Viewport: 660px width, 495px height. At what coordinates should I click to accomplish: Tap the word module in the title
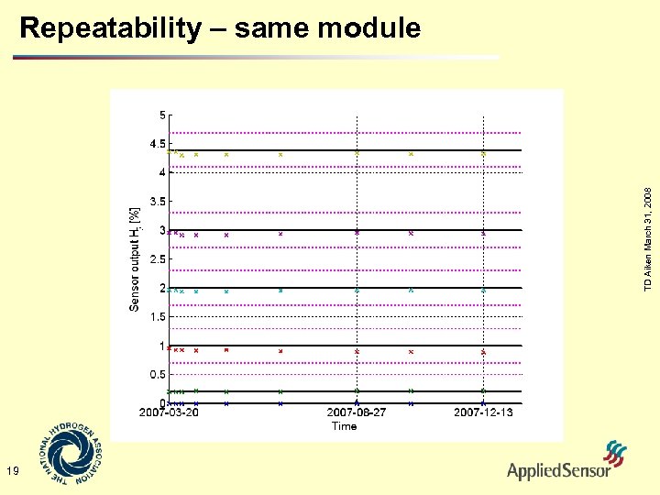point(369,28)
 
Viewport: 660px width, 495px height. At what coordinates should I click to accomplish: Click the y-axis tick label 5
point(162,115)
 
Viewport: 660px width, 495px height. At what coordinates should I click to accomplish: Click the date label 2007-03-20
point(170,413)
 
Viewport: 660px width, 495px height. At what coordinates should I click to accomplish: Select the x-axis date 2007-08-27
point(357,413)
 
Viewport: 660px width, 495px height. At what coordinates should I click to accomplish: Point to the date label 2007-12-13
point(483,413)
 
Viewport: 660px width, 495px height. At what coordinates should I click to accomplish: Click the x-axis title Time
point(344,426)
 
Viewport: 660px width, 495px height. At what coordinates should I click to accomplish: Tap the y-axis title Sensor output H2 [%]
point(135,259)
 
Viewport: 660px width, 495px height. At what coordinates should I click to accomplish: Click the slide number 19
point(12,471)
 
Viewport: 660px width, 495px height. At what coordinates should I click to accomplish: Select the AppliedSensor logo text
point(558,471)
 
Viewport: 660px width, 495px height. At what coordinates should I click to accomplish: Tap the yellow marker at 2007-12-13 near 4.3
point(483,154)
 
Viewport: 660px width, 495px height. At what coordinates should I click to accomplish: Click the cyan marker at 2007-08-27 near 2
point(357,290)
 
